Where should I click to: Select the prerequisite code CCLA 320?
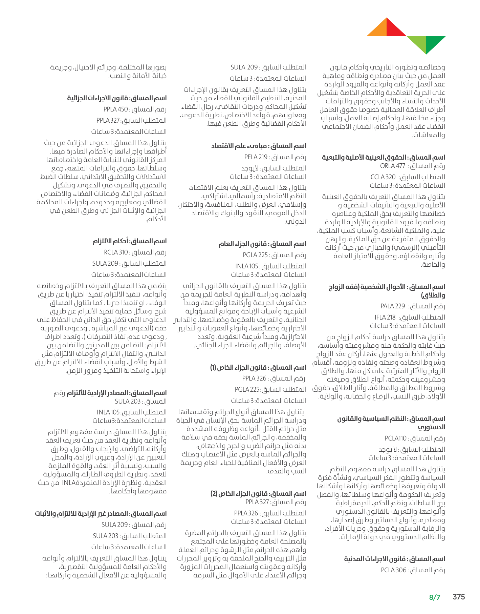tap(383, 177)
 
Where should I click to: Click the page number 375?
tap(459, 597)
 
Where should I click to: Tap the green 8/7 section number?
tap(435, 597)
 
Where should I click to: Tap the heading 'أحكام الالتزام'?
tap(111, 241)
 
